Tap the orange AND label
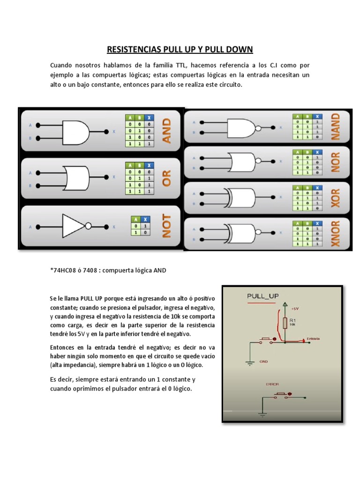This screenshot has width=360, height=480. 166,131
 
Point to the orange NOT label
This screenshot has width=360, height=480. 166,226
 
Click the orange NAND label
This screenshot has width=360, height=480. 335,126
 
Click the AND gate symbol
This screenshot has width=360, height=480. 75,132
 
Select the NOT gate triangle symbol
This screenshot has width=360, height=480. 73,226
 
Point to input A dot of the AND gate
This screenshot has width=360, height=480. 39,125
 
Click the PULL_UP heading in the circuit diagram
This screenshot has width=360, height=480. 262,296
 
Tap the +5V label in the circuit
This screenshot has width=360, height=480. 294,309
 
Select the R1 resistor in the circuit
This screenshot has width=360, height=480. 285,322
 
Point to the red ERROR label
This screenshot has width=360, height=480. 272,384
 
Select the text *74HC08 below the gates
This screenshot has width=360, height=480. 63,270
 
